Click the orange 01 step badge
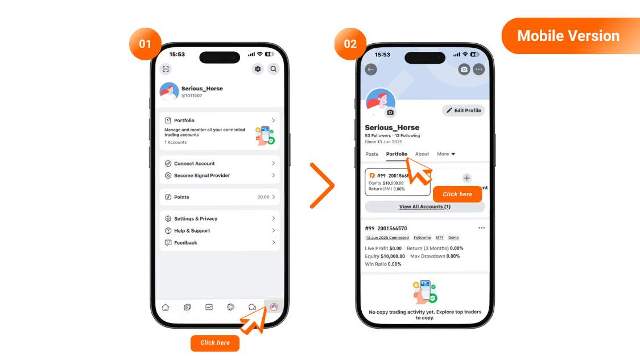coord(146,44)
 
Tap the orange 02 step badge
coord(350,44)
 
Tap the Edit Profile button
coord(463,110)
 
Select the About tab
coord(422,154)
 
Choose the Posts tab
coord(371,154)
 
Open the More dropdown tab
coord(445,154)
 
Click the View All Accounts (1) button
coord(424,206)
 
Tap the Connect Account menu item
coord(220,164)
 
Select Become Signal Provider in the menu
coord(220,176)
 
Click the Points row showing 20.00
coord(220,197)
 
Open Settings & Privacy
coord(220,219)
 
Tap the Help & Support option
coord(220,231)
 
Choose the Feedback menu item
coord(220,243)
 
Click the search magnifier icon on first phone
coord(274,69)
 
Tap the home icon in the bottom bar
coord(166,307)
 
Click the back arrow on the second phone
coord(371,69)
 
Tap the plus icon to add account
coord(467,178)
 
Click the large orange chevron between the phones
coord(322,185)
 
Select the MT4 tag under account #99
coord(440,238)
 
